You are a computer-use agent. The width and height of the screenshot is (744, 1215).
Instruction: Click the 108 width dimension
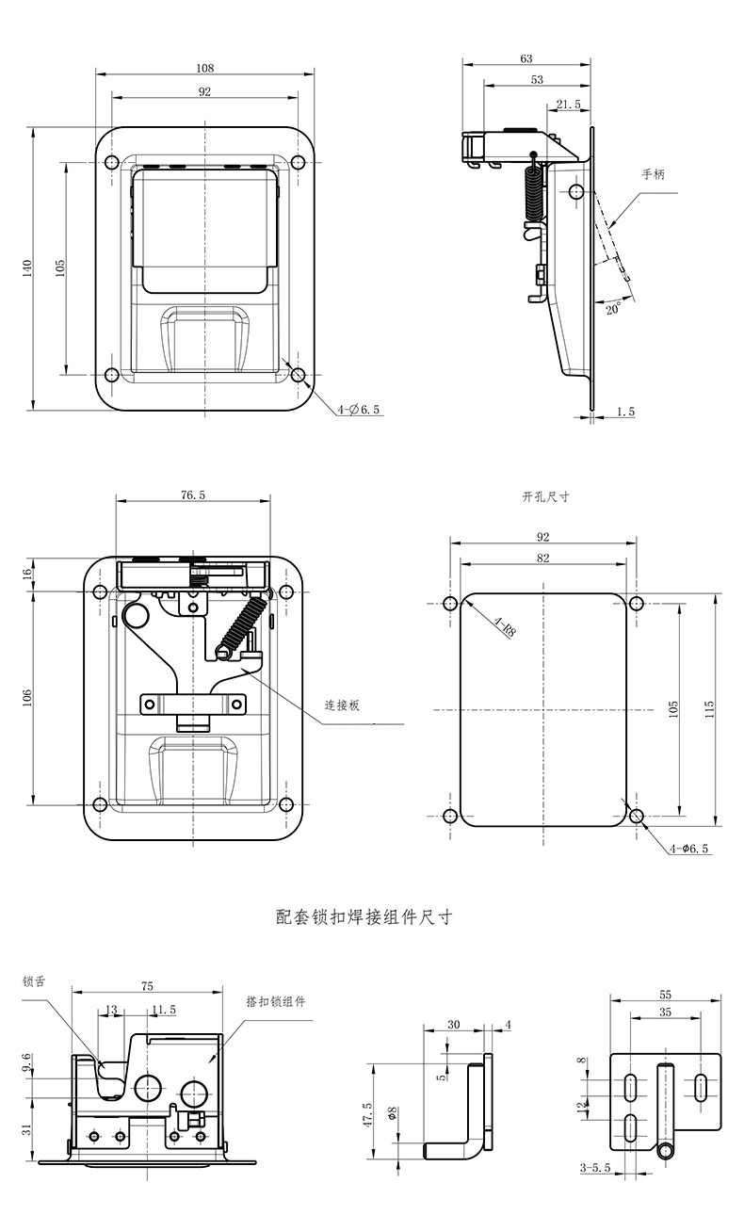(x=205, y=68)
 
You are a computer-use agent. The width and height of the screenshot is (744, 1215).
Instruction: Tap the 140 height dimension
(x=27, y=267)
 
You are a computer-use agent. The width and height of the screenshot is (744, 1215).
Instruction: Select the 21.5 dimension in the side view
(x=568, y=105)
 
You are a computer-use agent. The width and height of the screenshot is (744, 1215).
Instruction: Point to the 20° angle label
(x=613, y=308)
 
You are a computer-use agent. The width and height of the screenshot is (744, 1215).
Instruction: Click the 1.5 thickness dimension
(x=625, y=412)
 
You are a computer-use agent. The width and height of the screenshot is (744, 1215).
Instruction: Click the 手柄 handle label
(x=654, y=174)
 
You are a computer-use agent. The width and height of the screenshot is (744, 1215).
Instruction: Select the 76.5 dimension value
(x=192, y=494)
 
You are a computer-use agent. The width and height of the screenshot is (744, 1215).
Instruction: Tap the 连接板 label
(x=343, y=705)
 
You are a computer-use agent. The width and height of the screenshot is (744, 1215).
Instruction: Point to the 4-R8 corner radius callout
(x=503, y=626)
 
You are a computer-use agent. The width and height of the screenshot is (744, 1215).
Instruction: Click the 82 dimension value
(x=542, y=558)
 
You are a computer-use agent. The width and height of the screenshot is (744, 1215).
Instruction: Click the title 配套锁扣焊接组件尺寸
(x=364, y=916)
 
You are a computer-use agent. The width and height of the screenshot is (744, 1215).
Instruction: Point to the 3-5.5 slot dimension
(x=595, y=1168)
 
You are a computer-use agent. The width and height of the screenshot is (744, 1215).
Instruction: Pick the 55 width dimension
(x=665, y=995)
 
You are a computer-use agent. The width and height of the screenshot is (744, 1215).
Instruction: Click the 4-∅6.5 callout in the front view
(x=359, y=410)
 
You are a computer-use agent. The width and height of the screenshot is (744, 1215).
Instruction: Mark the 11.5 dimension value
(x=162, y=1010)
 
